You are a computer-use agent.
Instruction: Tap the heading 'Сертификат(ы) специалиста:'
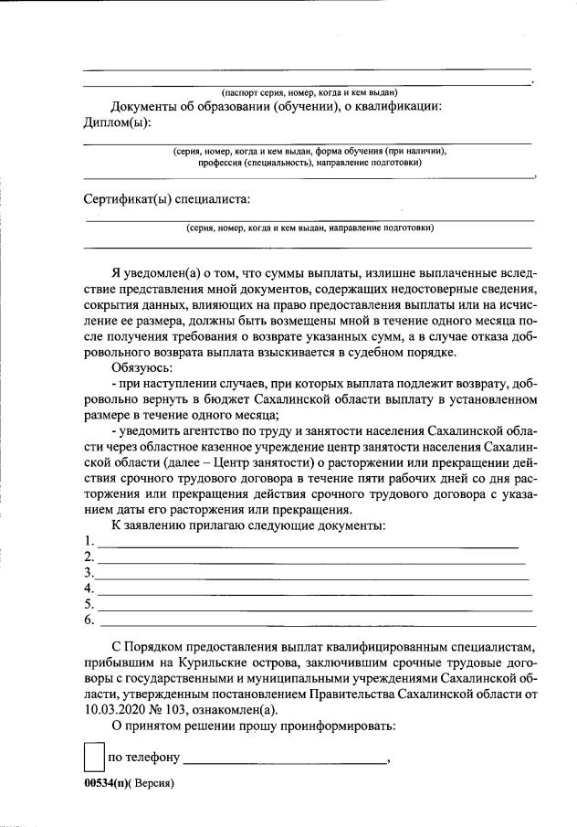(166, 198)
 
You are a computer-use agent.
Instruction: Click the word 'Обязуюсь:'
(138, 366)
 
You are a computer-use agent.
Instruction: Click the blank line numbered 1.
(307, 542)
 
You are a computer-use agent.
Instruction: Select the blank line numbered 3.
(310, 575)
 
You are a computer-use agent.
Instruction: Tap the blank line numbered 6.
(315, 622)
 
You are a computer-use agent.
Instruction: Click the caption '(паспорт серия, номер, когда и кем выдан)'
(309, 92)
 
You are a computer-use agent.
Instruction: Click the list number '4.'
(89, 589)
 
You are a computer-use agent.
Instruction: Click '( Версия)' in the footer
(150, 783)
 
